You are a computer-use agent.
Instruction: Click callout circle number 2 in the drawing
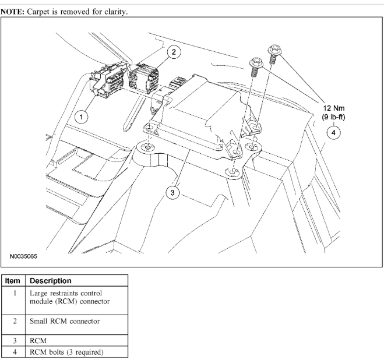click(x=173, y=52)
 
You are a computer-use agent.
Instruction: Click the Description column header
click(x=51, y=281)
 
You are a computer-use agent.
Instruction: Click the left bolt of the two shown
click(x=255, y=67)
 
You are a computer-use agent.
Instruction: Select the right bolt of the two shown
click(x=272, y=55)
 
